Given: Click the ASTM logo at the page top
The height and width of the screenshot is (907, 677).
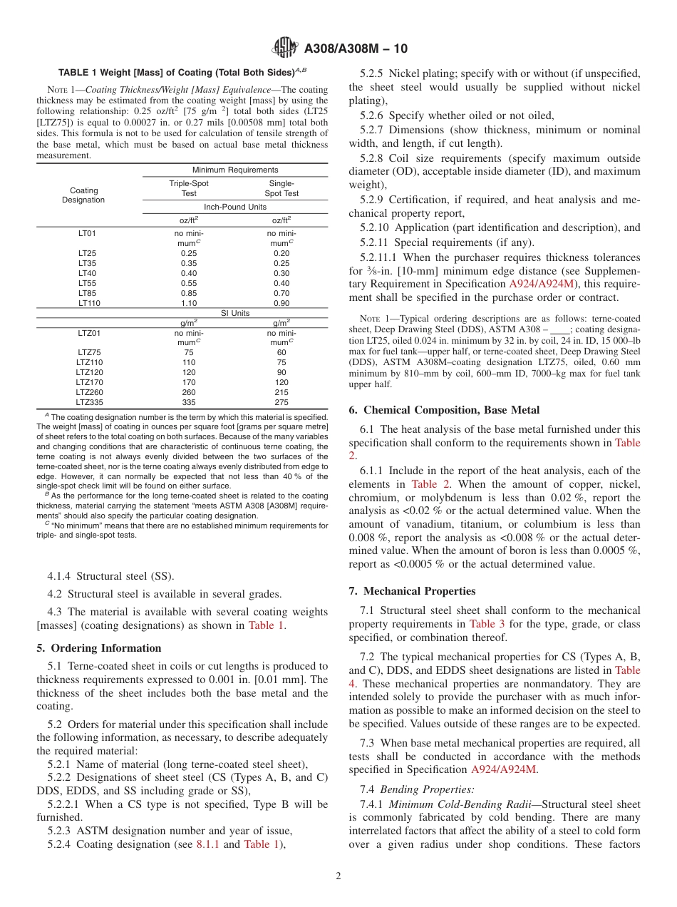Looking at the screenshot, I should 286,48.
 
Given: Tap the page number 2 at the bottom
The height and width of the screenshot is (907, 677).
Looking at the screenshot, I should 338,876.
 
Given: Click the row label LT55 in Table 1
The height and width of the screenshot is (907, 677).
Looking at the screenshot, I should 87,283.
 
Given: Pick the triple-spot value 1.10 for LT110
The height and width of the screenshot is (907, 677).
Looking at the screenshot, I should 189,303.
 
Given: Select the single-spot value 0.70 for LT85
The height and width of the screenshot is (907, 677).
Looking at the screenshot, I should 281,293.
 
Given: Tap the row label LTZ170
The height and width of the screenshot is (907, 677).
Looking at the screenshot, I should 89,382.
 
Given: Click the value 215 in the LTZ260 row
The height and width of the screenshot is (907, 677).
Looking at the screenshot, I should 281,392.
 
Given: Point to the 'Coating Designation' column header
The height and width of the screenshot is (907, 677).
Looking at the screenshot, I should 84,195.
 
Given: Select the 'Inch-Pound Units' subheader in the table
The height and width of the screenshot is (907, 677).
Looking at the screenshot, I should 234,207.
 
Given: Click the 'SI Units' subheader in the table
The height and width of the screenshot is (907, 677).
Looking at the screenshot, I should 234,313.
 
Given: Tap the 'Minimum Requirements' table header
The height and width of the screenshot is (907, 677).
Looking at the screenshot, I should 234,170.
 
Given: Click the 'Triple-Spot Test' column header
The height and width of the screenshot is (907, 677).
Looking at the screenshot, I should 189,188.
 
